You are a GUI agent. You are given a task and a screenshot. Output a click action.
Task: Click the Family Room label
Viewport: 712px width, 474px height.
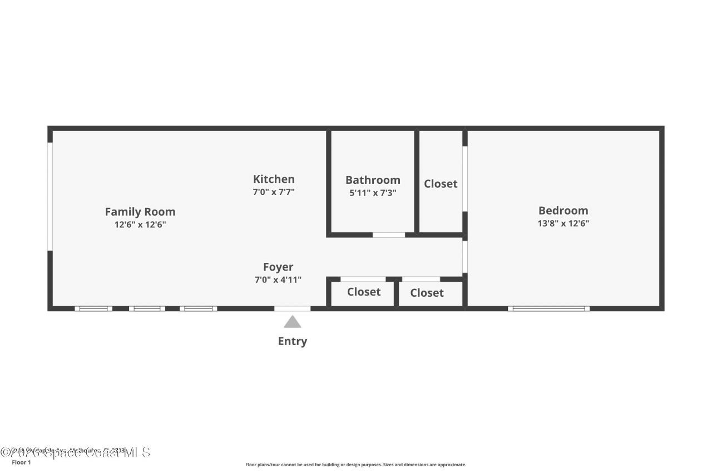[140, 212]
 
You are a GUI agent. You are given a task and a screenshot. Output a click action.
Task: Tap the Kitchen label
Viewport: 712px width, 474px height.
[274, 179]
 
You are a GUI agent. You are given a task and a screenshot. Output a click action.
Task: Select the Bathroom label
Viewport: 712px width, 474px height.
[373, 180]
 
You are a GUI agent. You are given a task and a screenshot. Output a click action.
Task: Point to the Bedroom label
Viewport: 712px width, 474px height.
[563, 211]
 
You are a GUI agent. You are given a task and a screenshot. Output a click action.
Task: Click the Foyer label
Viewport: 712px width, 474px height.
[278, 267]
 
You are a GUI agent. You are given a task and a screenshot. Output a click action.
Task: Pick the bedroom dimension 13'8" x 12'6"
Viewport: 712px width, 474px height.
[563, 223]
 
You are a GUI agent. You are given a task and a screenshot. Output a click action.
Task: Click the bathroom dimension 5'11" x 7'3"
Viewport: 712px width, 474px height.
[373, 193]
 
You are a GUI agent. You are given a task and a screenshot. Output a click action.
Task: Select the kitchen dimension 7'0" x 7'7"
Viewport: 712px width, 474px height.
[274, 192]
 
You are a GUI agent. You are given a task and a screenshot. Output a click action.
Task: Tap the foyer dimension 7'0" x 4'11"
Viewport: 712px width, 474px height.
[278, 280]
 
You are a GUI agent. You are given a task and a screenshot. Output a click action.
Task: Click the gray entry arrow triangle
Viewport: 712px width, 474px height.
[293, 322]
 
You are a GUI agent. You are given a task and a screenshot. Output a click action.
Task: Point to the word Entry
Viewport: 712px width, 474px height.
[293, 341]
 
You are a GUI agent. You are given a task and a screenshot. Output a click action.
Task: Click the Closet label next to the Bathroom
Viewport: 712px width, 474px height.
[441, 184]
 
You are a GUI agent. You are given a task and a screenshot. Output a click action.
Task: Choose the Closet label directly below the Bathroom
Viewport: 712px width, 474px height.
[364, 292]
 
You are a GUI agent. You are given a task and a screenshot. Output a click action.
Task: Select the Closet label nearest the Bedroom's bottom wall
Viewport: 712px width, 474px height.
[427, 293]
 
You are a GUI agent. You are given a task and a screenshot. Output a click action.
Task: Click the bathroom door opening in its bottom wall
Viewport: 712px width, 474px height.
[389, 235]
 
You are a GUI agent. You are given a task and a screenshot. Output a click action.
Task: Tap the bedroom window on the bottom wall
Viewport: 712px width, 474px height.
[548, 308]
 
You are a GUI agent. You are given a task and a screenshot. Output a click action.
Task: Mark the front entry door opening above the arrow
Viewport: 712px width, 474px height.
[293, 308]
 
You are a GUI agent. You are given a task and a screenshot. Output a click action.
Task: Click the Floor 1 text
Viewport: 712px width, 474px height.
[21, 462]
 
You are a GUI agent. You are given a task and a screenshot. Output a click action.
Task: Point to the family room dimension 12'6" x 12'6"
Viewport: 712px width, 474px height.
[140, 224]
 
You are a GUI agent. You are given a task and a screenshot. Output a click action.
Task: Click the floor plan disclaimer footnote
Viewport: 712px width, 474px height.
[356, 465]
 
